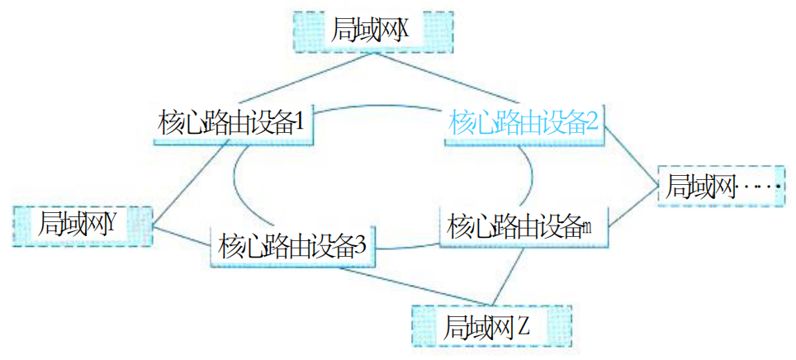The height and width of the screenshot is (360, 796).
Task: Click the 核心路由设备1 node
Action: coord(232,124)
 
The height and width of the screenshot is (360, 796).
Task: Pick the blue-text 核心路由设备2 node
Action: coord(524,124)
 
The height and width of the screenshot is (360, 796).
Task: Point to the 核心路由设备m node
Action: coord(521,225)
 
